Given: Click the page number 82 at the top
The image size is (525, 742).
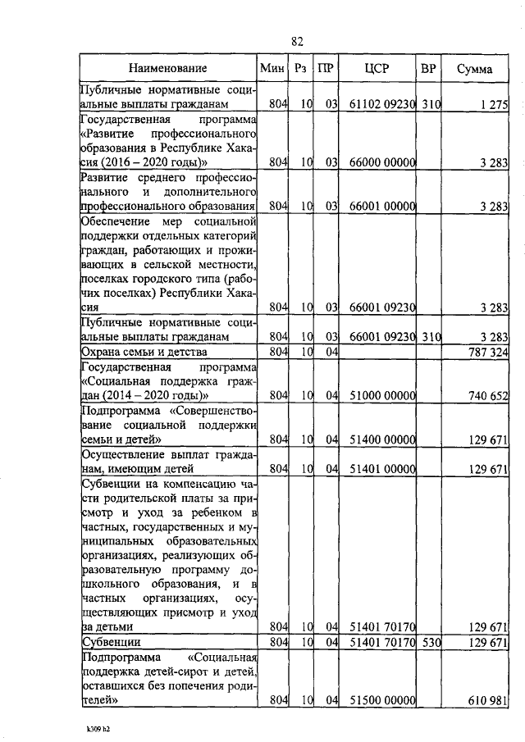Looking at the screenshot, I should coord(297,41).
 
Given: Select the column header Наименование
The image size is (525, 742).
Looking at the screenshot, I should coord(168,69).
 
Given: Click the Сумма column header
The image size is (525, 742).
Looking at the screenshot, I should coord(475,69).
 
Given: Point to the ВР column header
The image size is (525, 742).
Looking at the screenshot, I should coord(427,69).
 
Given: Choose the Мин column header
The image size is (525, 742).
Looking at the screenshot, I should coord(271,69).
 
